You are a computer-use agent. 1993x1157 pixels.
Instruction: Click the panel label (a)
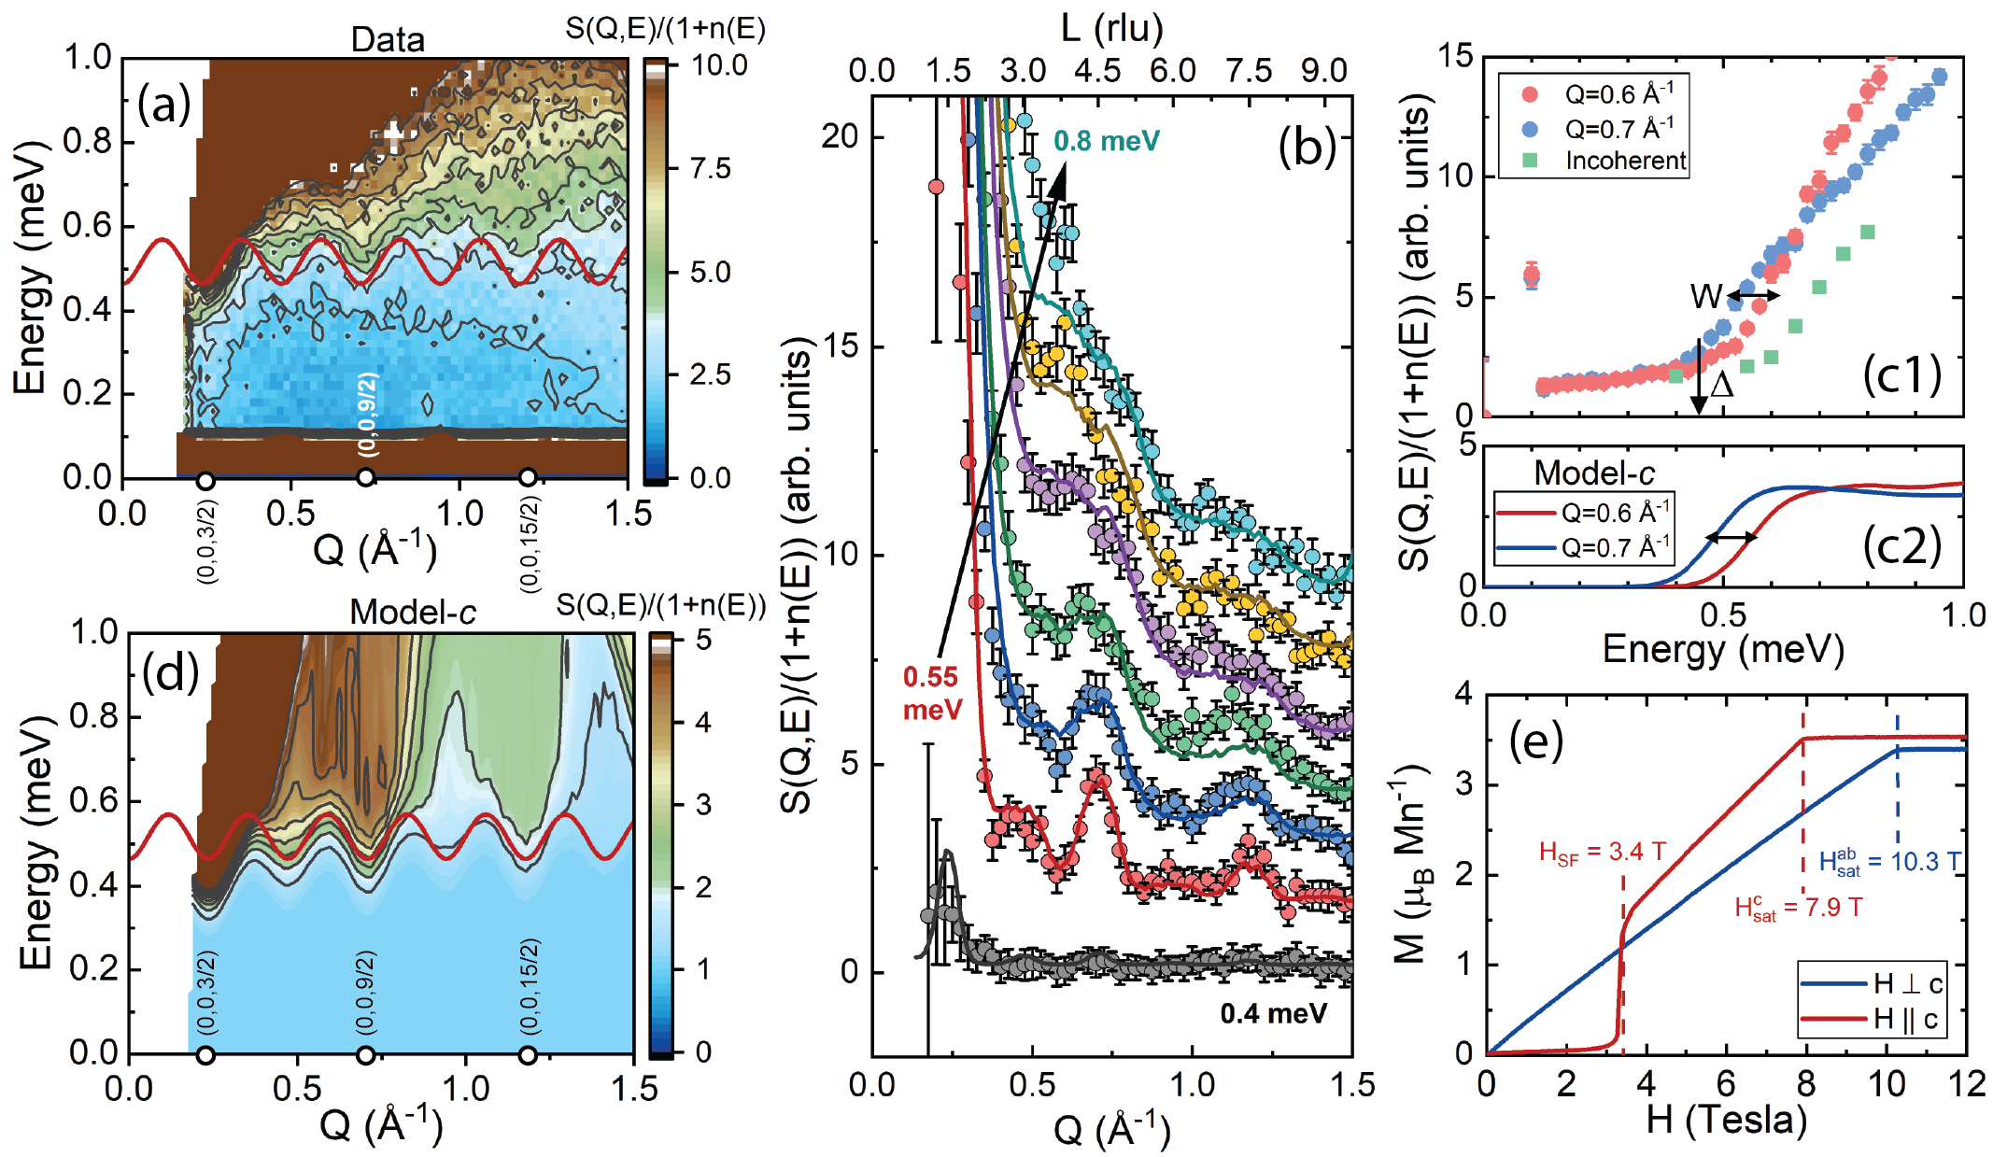[x=164, y=105]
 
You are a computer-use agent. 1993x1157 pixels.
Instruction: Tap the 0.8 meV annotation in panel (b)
[x=1107, y=141]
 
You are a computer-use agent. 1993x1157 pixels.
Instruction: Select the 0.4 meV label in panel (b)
[x=1273, y=1013]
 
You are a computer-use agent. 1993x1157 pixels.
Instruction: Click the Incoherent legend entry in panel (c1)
[x=1625, y=161]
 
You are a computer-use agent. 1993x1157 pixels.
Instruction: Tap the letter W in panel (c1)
[x=1705, y=296]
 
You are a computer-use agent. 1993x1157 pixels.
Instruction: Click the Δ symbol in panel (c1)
[x=1721, y=385]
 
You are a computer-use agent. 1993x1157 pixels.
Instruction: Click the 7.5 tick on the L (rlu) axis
[x=1249, y=71]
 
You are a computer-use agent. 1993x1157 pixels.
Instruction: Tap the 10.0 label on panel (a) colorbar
[x=719, y=65]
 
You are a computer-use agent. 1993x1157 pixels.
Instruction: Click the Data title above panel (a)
[x=388, y=39]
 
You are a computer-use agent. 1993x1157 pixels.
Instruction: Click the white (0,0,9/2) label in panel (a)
[x=369, y=413]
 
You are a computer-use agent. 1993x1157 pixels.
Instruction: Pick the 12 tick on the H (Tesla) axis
[x=1965, y=1085]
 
